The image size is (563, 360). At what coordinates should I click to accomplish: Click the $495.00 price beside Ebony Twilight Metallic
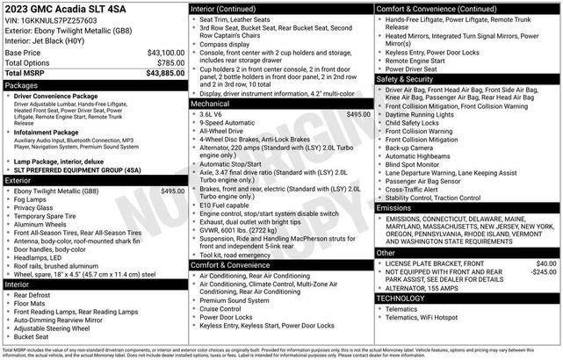click(171, 191)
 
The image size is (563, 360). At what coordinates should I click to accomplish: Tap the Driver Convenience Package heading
click(55, 96)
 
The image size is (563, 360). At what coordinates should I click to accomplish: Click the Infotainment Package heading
click(49, 133)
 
